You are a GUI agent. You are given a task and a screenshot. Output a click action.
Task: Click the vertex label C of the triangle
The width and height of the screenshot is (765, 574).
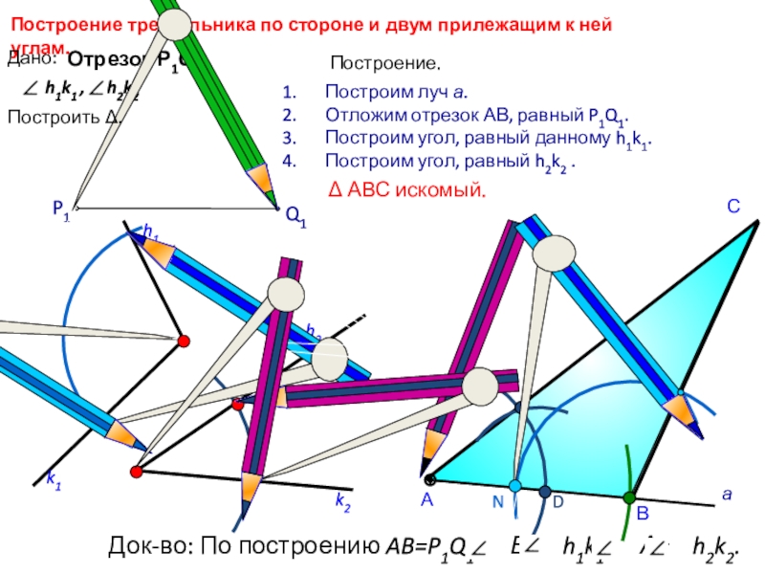(x=733, y=204)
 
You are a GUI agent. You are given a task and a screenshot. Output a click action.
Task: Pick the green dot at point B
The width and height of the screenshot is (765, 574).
(x=629, y=497)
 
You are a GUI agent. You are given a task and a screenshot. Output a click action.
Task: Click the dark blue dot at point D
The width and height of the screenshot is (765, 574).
(x=545, y=493)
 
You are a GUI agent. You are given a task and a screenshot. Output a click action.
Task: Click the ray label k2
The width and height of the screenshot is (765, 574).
(x=342, y=499)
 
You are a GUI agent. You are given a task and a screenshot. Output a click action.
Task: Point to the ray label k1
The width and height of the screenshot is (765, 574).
(x=55, y=485)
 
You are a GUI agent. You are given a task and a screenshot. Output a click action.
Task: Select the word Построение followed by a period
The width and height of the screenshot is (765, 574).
(x=385, y=64)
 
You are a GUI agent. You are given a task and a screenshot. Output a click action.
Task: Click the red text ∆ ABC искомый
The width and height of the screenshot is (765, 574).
(x=406, y=190)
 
